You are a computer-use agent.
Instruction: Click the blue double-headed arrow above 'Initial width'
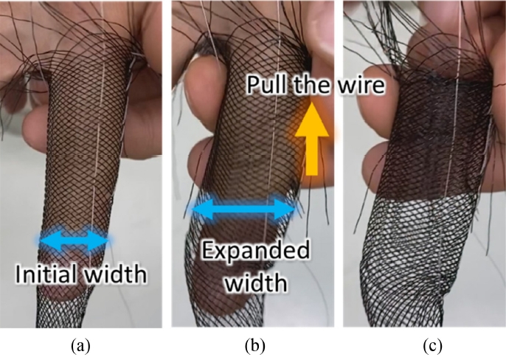(x=75, y=240)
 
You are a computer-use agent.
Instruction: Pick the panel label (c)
(x=424, y=345)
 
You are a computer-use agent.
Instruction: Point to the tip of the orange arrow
(x=312, y=105)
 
